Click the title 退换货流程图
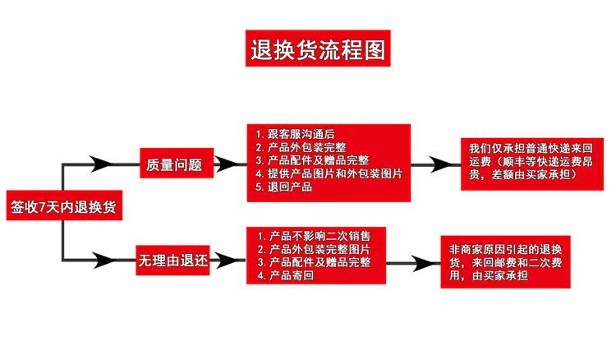pyautogui.click(x=317, y=50)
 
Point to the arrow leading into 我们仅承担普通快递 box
pyautogui.click(x=439, y=164)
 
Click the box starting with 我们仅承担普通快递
pyautogui.click(x=526, y=162)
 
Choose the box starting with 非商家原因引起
pyautogui.click(x=505, y=262)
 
